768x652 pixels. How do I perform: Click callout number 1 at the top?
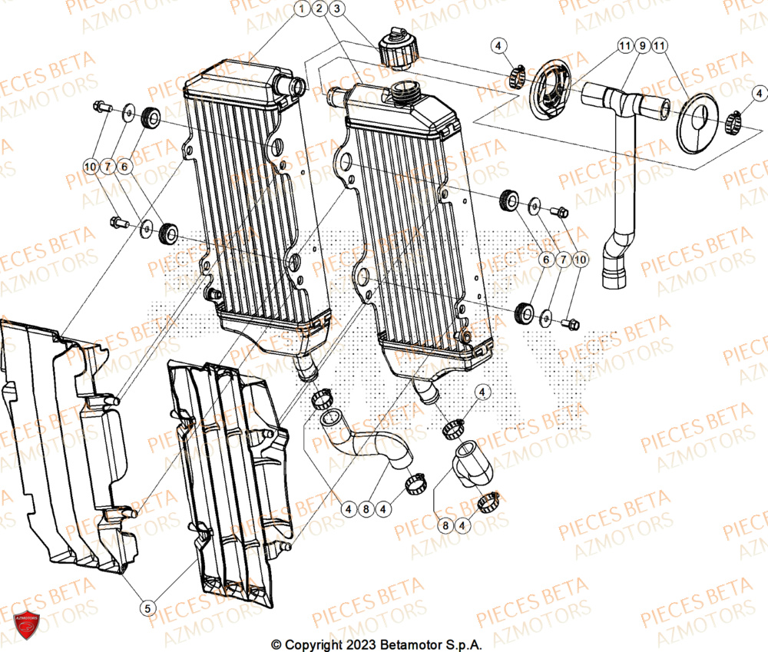coord(301,9)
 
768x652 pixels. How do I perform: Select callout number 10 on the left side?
coord(90,167)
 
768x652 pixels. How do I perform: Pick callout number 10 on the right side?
coord(579,260)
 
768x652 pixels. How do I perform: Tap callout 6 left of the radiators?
coord(126,167)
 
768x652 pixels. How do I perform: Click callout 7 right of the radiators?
coord(562,260)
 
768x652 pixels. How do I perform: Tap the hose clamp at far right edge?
coord(735,119)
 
